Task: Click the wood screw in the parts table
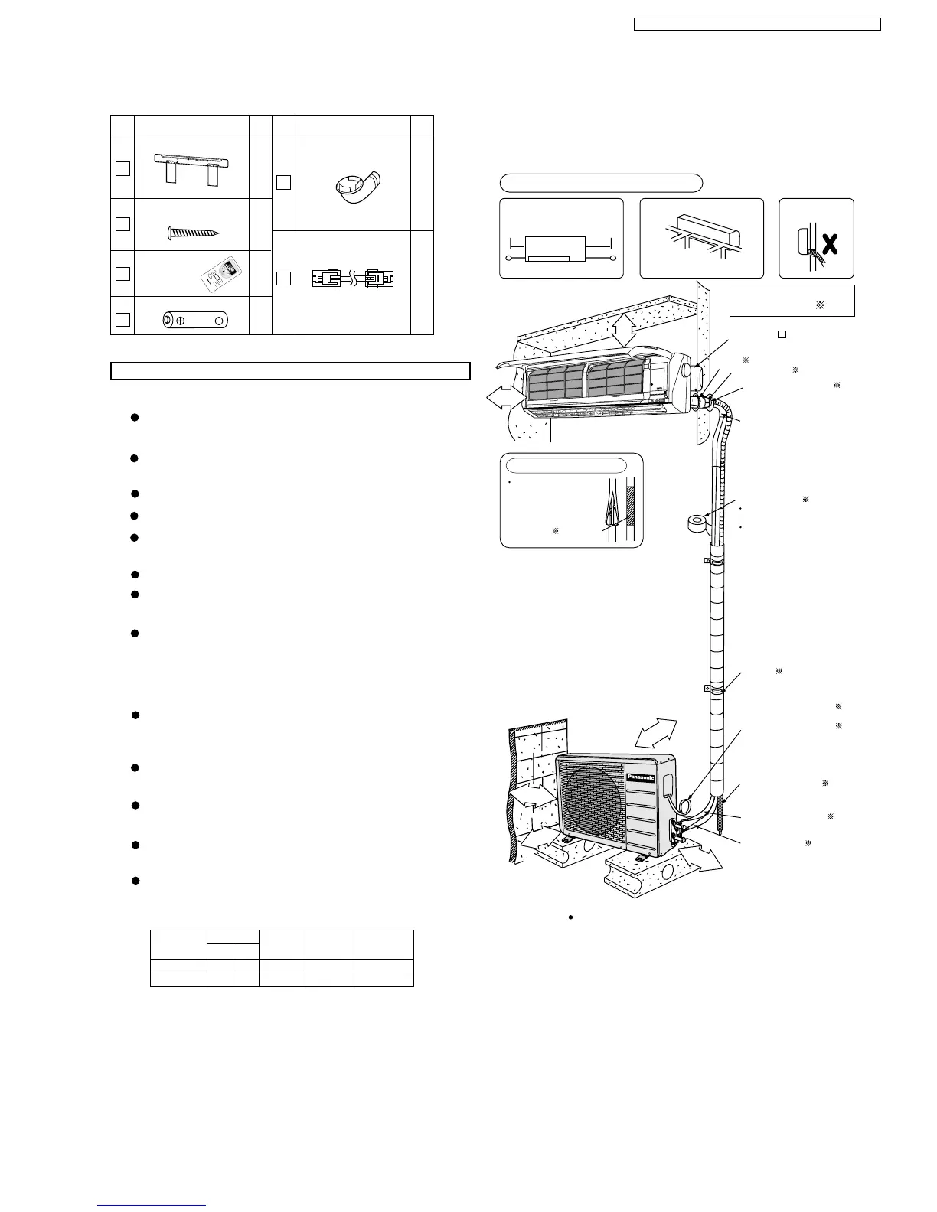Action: [193, 233]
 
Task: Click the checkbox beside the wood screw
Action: [122, 224]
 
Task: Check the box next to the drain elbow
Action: [283, 182]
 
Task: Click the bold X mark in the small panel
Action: [828, 245]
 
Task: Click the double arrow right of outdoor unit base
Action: [700, 856]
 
